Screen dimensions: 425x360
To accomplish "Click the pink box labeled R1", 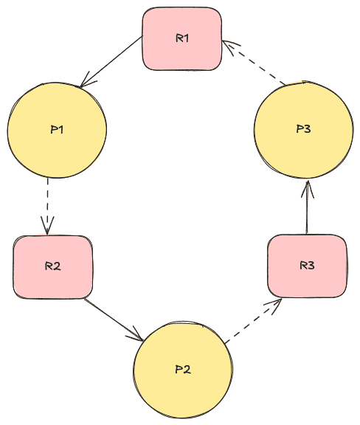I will (x=181, y=39).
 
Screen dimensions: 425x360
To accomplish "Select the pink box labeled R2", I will (x=53, y=266).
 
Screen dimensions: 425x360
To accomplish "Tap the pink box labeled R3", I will (x=306, y=266).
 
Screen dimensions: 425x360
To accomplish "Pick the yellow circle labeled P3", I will (x=303, y=129).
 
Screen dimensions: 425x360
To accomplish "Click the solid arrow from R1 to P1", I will (x=111, y=61).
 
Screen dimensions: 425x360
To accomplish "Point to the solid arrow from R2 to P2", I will (x=113, y=318).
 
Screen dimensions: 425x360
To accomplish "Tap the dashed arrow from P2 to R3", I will (x=252, y=320).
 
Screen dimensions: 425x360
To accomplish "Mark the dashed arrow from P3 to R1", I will (x=255, y=63).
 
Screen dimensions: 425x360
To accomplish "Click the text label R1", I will (x=182, y=38).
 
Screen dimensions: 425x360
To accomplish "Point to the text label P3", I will (x=303, y=129).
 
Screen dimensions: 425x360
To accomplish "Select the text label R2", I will (x=52, y=266).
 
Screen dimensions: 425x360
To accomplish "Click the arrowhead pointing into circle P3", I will (x=307, y=187).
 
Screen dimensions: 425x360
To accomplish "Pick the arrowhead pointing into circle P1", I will (x=86, y=81).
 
